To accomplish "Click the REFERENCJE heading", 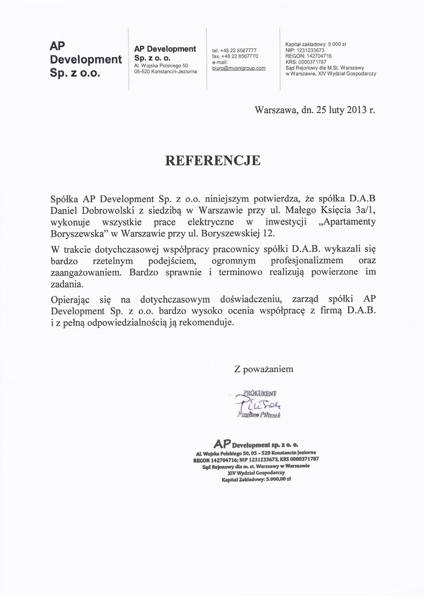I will click(212, 160).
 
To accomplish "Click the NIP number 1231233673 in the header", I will click(309, 50).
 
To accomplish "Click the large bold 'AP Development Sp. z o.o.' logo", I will click(85, 59).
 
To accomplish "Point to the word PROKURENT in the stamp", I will click(260, 393).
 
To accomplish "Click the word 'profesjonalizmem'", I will click(299, 261).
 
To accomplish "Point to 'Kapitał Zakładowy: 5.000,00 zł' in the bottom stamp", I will click(256, 479).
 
